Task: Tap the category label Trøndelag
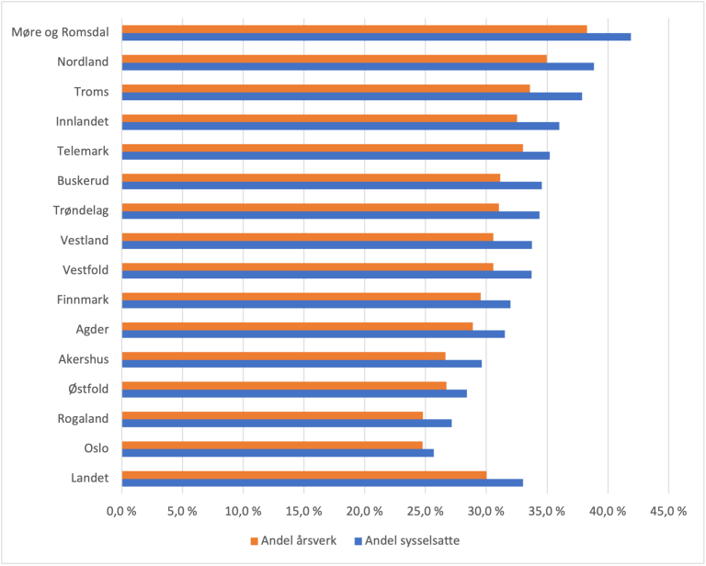point(80,210)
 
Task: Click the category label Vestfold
point(85,270)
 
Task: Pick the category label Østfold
point(88,389)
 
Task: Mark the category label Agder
point(92,330)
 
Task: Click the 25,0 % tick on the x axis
point(426,511)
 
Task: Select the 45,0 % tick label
point(668,511)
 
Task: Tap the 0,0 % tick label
point(121,511)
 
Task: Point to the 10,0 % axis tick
point(243,511)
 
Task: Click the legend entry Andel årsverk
point(298,540)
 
